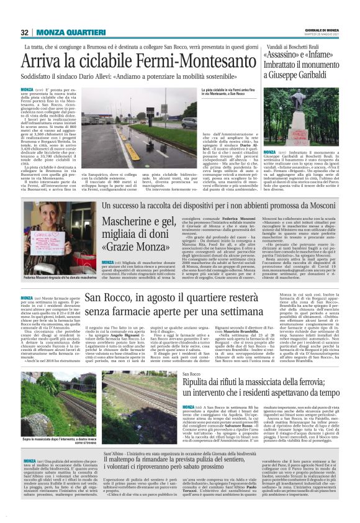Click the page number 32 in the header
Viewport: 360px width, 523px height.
[x=25, y=32]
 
